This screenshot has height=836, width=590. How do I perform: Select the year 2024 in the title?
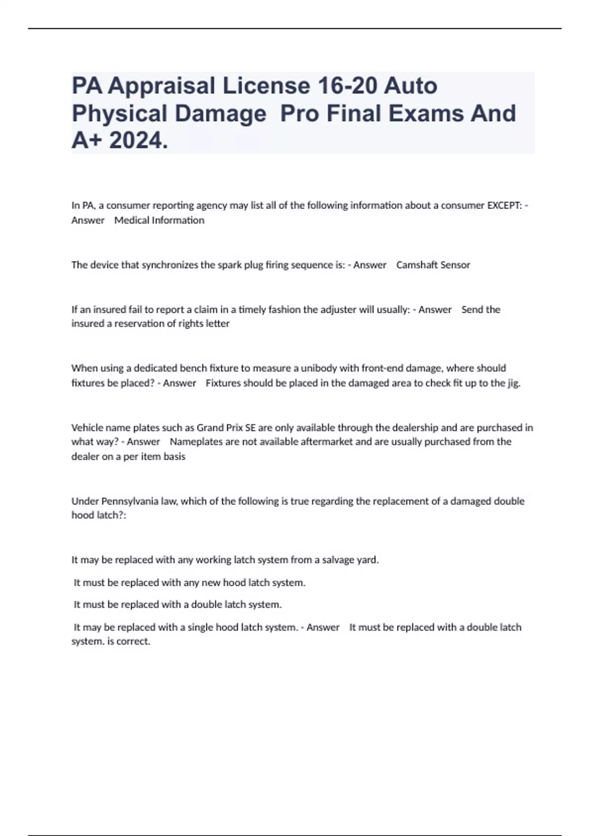[x=138, y=141]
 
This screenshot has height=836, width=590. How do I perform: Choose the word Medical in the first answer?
[x=132, y=220]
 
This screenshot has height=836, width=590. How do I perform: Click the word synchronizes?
[x=169, y=265]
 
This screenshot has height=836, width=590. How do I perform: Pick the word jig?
[x=513, y=383]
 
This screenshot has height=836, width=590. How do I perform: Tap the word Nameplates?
[x=195, y=442]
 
